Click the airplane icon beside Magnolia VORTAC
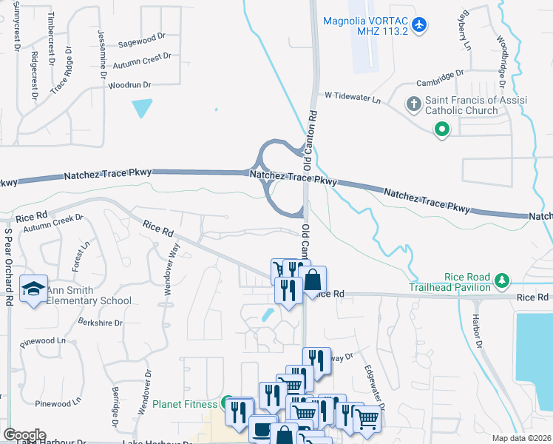click(419, 24)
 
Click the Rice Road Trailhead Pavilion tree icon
click(503, 280)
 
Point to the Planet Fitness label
click(185, 404)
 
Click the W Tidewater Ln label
click(353, 98)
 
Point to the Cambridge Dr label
click(438, 74)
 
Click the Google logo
click(24, 435)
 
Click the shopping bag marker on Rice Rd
click(313, 280)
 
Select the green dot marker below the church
click(442, 130)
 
